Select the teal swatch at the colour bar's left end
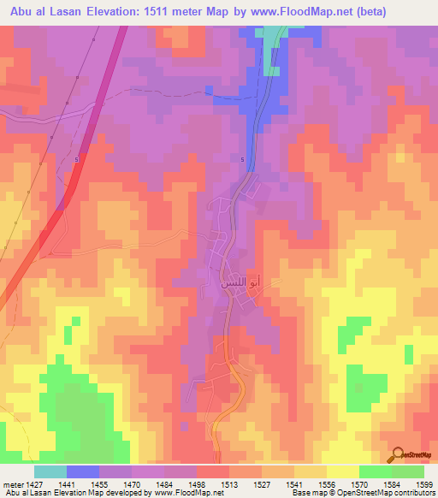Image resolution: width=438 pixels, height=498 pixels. tap(50, 471)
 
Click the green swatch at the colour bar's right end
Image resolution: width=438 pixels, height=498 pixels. tap(408, 471)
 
